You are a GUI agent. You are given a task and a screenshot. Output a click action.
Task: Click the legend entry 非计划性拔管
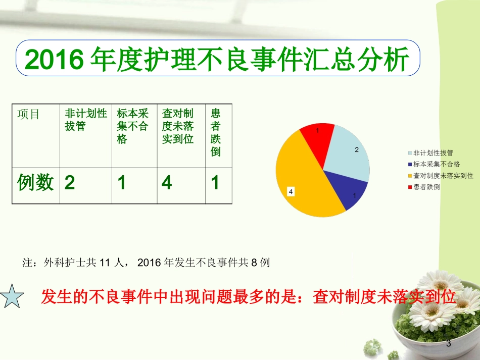433,152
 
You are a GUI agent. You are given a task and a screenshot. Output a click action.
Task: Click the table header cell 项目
29,114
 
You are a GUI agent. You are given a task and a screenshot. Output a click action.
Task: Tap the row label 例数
35,182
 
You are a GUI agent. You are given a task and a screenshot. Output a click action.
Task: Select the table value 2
70,183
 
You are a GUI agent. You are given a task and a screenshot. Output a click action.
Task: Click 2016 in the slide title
54,61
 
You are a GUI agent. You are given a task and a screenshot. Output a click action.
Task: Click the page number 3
447,344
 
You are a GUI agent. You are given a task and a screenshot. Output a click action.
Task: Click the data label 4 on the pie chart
291,191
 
